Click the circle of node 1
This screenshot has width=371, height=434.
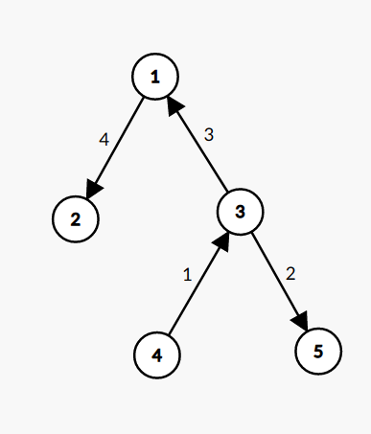(156, 75)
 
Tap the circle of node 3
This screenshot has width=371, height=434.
(240, 212)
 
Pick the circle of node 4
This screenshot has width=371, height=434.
(156, 354)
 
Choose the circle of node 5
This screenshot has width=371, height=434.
(318, 350)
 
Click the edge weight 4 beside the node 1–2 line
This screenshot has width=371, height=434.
(104, 139)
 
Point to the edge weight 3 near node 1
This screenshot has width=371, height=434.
(209, 135)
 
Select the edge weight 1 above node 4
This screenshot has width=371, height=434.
(188, 274)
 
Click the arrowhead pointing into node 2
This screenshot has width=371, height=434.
(94, 188)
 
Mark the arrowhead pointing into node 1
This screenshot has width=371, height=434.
(174, 103)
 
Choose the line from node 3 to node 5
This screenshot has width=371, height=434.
(277, 278)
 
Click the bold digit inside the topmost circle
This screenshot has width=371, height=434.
(156, 75)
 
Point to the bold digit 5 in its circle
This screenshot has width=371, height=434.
(318, 350)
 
